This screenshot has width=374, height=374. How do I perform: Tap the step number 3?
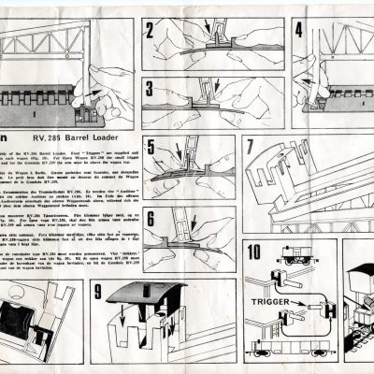(151, 92)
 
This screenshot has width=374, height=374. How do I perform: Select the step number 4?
(300, 29)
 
